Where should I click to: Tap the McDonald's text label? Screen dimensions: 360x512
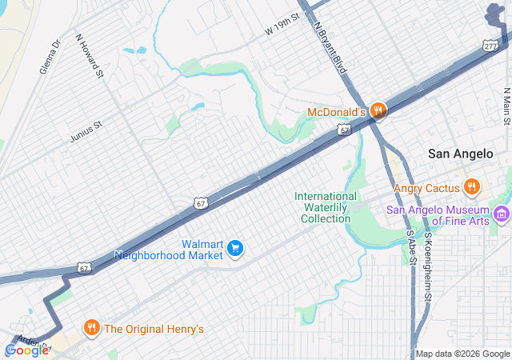[336, 112]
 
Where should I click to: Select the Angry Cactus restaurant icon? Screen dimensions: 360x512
[472, 187]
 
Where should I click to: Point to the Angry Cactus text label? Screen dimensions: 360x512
[427, 189]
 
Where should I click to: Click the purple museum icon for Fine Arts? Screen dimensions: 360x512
[502, 214]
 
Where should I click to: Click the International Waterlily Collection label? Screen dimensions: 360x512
[326, 207]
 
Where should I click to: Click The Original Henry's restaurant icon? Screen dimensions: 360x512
[92, 328]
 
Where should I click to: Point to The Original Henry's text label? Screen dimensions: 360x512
[154, 329]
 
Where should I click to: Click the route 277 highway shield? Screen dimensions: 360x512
[490, 46]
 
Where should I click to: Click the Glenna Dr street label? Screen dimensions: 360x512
[50, 58]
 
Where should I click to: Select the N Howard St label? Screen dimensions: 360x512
[90, 55]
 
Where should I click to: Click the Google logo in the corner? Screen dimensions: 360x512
[26, 350]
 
